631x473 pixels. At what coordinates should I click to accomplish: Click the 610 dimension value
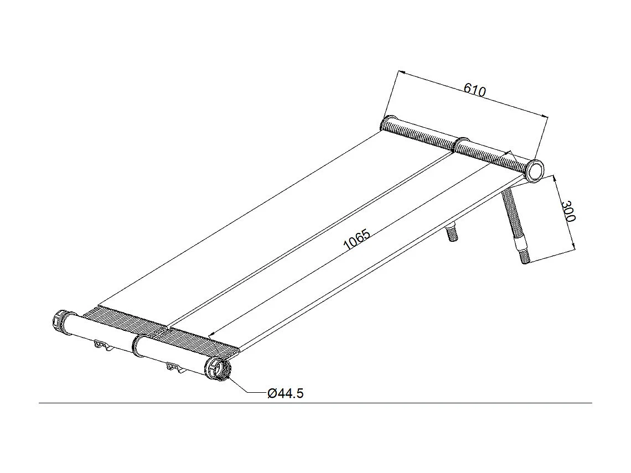tap(474, 89)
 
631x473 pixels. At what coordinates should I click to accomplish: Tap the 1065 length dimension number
tap(356, 240)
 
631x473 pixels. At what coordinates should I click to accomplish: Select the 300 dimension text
tap(568, 211)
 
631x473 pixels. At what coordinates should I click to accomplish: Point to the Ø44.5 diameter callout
tap(285, 393)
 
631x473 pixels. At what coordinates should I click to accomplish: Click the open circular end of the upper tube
tap(535, 170)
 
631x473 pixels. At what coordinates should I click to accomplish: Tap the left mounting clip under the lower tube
tap(102, 346)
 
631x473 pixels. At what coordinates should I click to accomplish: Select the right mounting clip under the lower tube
tap(175, 367)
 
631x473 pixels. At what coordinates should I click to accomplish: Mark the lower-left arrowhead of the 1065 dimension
tap(212, 335)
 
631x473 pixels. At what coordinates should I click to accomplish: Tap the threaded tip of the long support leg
tap(525, 257)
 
